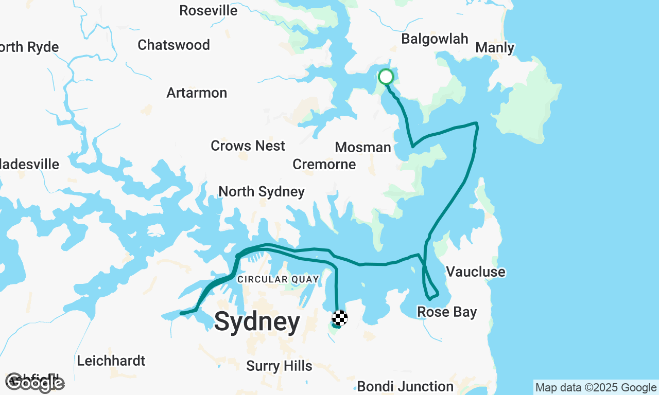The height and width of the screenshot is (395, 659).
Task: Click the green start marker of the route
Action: (x=386, y=77)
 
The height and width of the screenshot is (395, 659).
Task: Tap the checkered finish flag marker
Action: (x=340, y=318)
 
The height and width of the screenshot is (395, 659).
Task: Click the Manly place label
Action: (x=494, y=48)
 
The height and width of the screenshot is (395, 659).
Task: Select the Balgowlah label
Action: (x=435, y=39)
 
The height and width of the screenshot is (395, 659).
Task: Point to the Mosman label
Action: (x=363, y=148)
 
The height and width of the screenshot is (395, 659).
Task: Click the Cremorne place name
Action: (x=324, y=165)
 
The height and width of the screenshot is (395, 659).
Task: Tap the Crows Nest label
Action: (x=248, y=146)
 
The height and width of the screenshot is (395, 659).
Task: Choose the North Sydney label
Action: (x=262, y=192)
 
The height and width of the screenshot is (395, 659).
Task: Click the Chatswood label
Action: (x=174, y=45)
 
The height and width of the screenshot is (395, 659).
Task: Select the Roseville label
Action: (x=209, y=11)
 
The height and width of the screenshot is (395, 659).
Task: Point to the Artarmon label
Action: (x=197, y=93)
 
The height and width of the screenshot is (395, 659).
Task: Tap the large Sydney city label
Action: (x=257, y=322)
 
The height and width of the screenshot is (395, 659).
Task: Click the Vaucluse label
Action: (x=475, y=272)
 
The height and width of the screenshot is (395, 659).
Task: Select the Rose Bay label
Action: (x=447, y=312)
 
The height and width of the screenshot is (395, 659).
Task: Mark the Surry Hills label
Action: (x=279, y=366)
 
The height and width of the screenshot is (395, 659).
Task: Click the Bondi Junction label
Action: (x=405, y=386)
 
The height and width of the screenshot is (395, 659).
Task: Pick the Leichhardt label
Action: (x=111, y=361)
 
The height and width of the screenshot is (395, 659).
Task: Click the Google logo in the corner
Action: (x=35, y=383)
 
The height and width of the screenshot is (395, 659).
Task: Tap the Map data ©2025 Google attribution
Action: (x=596, y=388)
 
